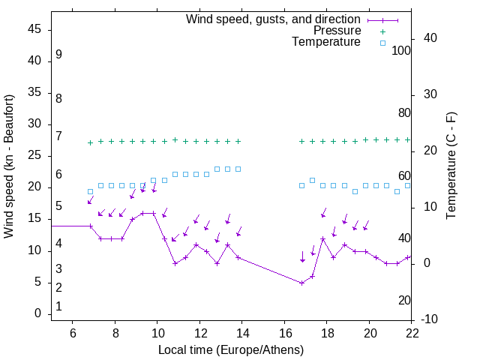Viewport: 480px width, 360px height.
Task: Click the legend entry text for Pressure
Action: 337,31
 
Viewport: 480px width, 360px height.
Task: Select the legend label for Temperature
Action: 326,42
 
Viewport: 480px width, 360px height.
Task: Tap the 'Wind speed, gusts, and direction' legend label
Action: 273,19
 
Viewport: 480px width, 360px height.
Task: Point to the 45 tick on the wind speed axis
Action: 34,29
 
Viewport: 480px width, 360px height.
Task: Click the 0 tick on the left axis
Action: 38,313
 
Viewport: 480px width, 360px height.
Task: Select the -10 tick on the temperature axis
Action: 430,319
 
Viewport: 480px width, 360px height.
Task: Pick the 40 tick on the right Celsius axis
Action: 430,38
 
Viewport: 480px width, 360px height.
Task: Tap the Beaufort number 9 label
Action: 58,55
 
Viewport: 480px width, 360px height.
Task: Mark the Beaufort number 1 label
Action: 58,306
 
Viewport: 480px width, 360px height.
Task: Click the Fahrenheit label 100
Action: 401,50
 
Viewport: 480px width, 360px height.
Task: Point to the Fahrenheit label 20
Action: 404,300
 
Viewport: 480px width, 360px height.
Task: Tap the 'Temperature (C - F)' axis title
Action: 451,166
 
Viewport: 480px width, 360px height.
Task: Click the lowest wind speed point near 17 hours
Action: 301,283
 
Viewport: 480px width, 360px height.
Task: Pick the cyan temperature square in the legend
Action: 382,43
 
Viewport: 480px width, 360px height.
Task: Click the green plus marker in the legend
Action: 382,31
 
